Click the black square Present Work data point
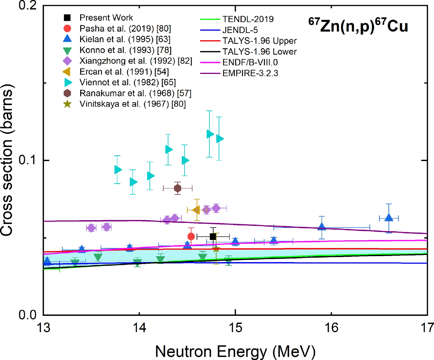213,237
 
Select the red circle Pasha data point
191,236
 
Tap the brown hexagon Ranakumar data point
178,188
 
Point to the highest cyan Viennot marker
210,134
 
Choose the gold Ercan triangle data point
196,210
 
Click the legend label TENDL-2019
248,19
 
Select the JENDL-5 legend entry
240,30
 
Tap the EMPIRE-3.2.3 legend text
250,73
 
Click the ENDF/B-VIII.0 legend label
250,63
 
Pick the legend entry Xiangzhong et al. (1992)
136,61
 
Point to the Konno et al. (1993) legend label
125,50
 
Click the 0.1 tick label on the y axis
28,160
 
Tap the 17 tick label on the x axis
427,328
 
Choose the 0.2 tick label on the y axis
28,6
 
